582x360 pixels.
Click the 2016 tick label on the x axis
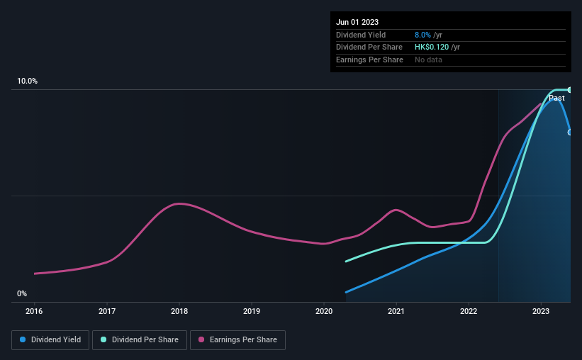34,310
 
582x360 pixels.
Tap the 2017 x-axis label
107,310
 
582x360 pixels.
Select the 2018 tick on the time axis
179,310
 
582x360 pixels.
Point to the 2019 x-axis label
252,310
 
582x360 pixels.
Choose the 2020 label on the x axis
324,310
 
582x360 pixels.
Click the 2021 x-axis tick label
396,310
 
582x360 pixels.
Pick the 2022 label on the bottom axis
469,310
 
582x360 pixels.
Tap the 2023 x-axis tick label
541,310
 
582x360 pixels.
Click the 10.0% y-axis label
27,81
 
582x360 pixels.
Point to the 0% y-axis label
22,293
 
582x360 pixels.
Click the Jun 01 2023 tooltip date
357,22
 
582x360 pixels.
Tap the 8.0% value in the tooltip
422,35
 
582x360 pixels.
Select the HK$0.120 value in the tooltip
432,47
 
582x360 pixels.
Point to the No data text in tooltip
428,60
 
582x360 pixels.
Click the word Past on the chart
556,98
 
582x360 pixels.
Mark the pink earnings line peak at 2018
180,204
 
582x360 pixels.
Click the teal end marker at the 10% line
569,89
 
